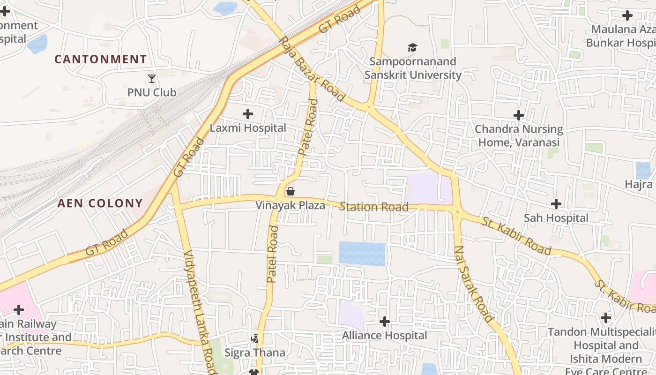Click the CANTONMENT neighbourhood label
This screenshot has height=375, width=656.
point(101,60)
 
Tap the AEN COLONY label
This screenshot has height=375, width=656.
point(100,203)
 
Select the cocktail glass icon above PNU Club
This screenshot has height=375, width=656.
point(152,78)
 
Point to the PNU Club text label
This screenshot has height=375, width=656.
point(152,92)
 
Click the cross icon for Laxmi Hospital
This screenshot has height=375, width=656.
point(247,113)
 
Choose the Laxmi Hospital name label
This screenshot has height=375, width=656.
point(247,128)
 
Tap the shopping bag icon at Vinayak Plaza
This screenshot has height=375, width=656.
point(290,191)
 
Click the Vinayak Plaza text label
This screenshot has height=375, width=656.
point(290,205)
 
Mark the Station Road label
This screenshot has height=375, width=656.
point(374,207)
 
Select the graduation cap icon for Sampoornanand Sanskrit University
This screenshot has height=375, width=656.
point(412,47)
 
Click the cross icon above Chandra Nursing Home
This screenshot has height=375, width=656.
point(519,115)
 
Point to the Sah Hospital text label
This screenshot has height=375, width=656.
point(556,218)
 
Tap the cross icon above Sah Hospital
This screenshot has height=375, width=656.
point(556,204)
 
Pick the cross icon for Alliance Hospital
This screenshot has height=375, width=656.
point(384,322)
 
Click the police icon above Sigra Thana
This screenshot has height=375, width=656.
point(255,338)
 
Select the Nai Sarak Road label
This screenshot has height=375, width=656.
point(474,284)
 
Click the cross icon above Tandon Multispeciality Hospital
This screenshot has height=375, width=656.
point(606,318)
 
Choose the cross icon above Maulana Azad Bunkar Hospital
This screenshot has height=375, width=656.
point(627,15)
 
